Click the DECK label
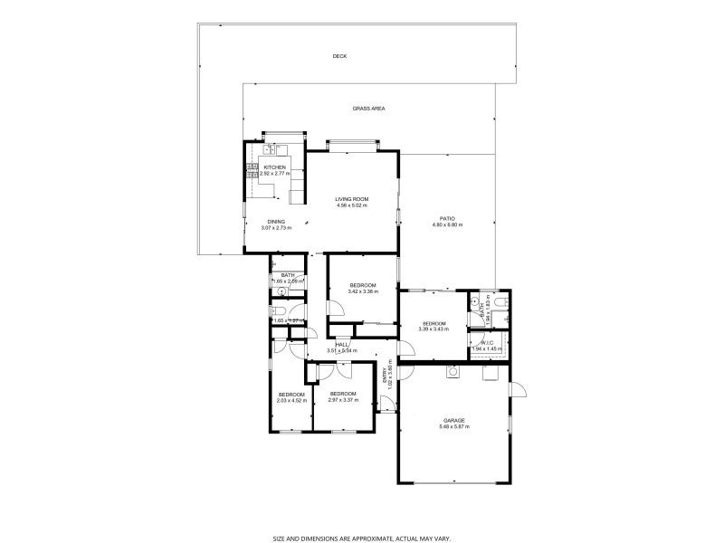pos(339,56)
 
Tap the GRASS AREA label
pos(368,109)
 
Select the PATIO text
pos(447,218)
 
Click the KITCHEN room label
pos(274,167)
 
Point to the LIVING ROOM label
pos(351,199)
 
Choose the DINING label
pos(276,222)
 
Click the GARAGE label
pos(454,420)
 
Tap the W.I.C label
pos(488,342)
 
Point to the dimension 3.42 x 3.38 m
pos(363,291)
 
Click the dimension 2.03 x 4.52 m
pos(291,400)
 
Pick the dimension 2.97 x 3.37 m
pos(343,399)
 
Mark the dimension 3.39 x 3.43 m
pos(433,329)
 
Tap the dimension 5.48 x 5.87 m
pos(454,426)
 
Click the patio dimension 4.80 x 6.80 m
pos(447,224)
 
